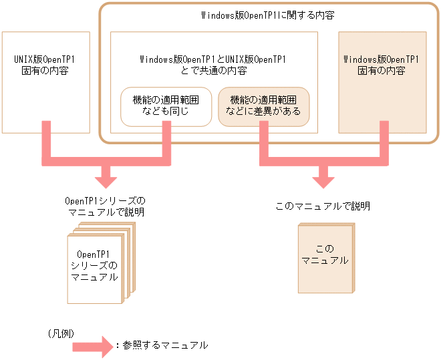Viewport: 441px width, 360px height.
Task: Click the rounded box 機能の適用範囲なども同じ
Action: (166, 106)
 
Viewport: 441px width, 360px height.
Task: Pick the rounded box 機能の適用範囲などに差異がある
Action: (264, 106)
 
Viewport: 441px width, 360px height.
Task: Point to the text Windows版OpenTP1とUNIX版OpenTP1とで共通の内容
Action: (213, 65)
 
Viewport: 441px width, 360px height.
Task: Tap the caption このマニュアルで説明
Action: (323, 206)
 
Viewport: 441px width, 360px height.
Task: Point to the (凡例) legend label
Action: (61, 331)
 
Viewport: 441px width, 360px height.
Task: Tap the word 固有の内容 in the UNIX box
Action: (45, 70)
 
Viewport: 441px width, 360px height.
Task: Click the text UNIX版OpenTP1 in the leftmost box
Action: (45, 59)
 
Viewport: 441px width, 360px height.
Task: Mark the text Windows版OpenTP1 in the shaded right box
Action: (382, 59)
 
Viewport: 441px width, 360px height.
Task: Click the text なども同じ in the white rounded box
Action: (166, 112)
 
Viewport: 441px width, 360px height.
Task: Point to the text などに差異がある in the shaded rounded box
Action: (264, 112)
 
